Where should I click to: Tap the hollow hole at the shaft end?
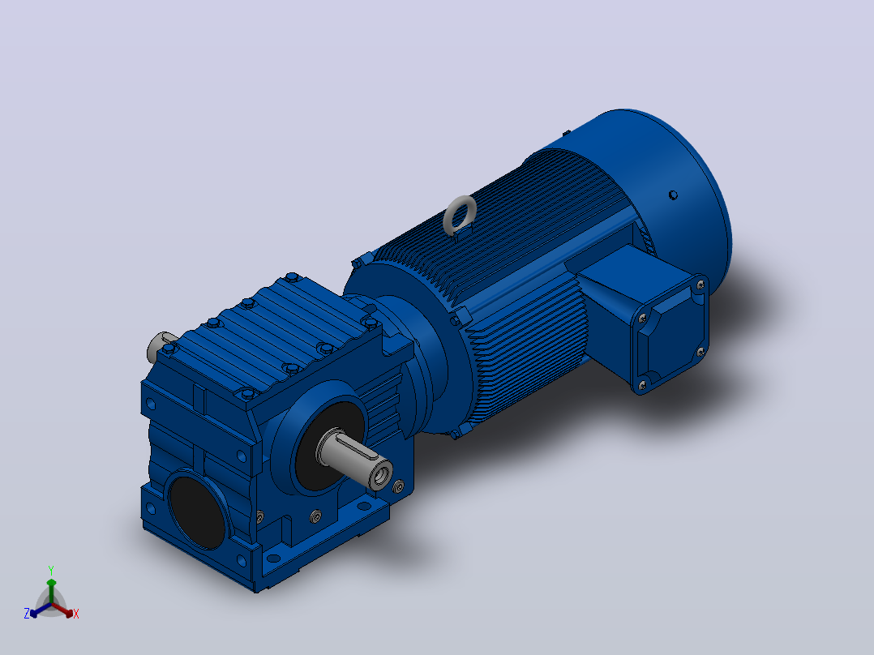tap(382, 477)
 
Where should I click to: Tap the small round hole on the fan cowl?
tap(673, 195)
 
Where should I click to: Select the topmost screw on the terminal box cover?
tap(700, 285)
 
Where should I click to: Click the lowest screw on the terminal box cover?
tap(642, 384)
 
